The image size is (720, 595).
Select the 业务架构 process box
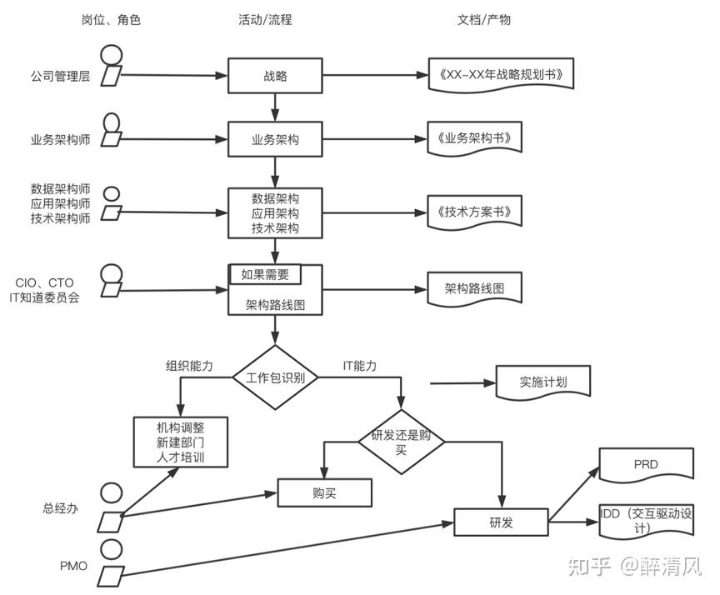(275, 140)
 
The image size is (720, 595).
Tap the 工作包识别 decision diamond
(275, 377)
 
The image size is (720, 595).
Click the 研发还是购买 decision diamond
(401, 442)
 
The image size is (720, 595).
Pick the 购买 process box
(324, 492)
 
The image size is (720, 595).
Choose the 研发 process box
(501, 522)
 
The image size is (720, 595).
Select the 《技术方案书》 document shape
(473, 212)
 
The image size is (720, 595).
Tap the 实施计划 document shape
(542, 382)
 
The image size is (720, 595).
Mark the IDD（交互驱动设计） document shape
(646, 522)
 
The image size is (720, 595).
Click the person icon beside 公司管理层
(110, 66)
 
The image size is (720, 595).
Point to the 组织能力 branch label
(189, 366)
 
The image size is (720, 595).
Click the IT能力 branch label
(360, 366)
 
